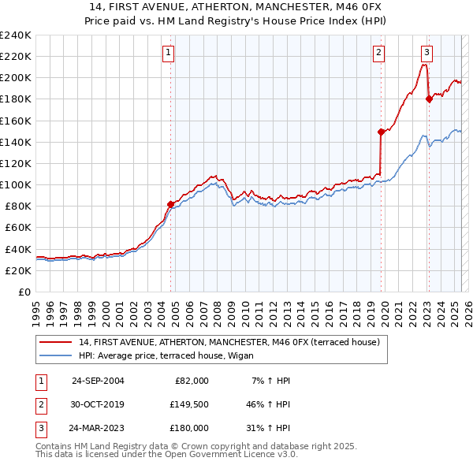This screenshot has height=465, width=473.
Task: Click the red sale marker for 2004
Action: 170,203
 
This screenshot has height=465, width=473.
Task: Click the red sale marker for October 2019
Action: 381,132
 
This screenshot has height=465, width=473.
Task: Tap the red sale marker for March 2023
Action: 429,99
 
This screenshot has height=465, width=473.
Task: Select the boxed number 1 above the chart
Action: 169,53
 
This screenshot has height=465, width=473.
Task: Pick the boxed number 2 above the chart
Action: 378,53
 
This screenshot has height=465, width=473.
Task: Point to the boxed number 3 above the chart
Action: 426,53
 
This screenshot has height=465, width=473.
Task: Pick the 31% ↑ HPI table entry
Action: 269,430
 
